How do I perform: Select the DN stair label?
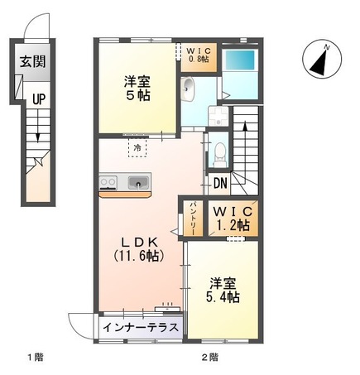[x=220, y=184]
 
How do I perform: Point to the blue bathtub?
[x=243, y=60]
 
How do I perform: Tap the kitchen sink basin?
[x=139, y=183]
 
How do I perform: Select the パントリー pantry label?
[x=193, y=216]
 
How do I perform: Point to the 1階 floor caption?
[x=34, y=358]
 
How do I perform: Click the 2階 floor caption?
[x=209, y=358]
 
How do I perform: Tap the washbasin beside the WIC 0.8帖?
[x=189, y=85]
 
